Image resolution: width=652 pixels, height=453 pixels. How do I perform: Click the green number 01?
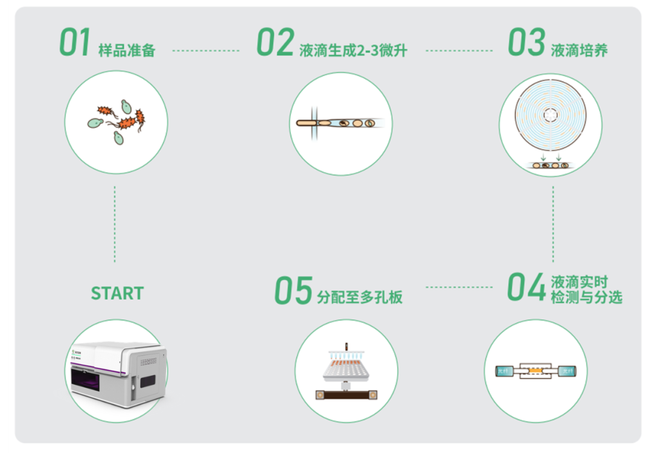tap(74, 43)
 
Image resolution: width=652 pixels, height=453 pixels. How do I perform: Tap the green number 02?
tap(275, 43)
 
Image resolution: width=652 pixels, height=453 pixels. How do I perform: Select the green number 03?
tap(526, 43)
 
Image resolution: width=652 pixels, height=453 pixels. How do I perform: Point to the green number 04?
tap(526, 288)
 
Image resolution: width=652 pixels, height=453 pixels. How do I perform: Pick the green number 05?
tap(293, 291)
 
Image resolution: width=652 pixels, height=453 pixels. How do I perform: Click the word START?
tap(117, 294)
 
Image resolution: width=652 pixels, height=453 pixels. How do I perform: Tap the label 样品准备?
tap(127, 50)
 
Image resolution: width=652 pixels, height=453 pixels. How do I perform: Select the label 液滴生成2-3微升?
tap(353, 50)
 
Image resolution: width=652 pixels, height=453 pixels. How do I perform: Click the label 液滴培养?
tap(579, 50)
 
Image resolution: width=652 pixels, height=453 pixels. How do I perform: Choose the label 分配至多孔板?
tap(360, 297)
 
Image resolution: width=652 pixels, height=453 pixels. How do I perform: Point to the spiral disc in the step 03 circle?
tap(551, 114)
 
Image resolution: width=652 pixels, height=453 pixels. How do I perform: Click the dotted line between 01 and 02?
tap(205, 51)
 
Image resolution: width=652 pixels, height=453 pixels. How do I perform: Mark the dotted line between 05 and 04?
tap(458, 288)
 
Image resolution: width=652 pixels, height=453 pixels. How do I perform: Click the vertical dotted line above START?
tap(115, 223)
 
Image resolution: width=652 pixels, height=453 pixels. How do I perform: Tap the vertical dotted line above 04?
tap(553, 223)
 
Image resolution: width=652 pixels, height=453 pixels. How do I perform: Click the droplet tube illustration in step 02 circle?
tap(338, 123)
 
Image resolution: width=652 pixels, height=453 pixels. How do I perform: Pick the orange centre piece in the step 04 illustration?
tap(535, 370)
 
